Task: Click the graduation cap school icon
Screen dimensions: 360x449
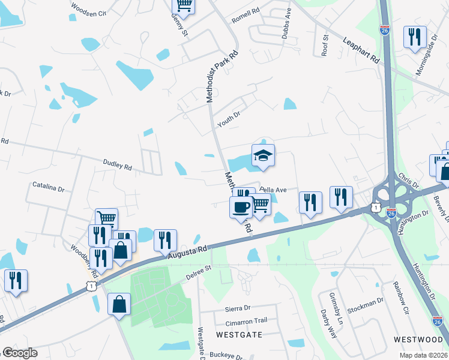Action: click(x=263, y=156)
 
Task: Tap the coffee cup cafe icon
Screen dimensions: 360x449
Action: click(x=241, y=208)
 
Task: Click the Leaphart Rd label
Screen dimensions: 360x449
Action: click(x=362, y=51)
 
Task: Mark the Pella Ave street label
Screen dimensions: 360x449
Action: click(x=274, y=190)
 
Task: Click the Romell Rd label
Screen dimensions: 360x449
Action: click(x=246, y=11)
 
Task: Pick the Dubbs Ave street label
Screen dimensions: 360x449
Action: click(x=287, y=23)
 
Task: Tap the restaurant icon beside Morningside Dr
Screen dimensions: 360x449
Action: click(x=414, y=38)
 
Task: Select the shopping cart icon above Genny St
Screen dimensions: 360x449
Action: click(x=184, y=5)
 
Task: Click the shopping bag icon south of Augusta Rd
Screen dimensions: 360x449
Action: click(x=119, y=304)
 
